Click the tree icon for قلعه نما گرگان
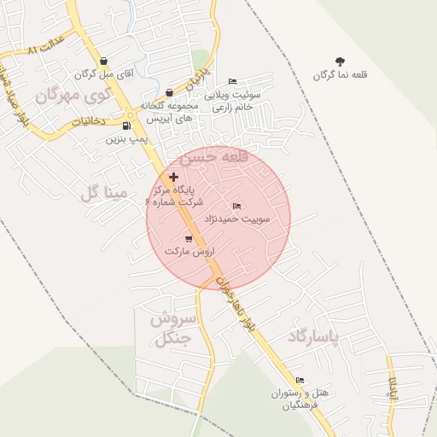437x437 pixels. pos(341,61)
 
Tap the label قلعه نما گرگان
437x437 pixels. pos(341,75)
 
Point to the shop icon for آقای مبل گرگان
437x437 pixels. pos(103,61)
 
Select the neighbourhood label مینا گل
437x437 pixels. pos(103,193)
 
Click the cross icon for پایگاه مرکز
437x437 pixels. pos(174,176)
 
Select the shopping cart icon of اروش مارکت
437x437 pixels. pos(189,239)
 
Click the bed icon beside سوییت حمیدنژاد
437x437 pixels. pos(236,207)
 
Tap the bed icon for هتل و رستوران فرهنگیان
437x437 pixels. pos(300,381)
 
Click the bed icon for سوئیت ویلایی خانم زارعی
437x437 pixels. pos(232,81)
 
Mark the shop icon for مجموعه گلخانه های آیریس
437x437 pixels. pos(170,92)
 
